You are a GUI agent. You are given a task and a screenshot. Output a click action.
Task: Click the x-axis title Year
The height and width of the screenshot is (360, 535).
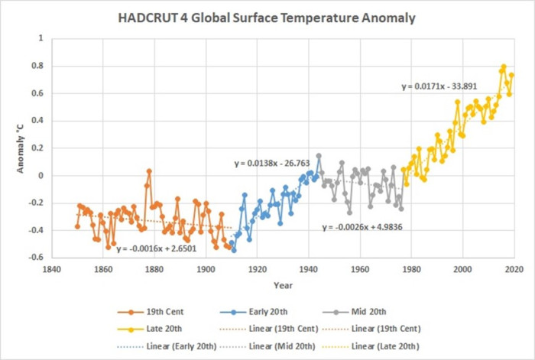tap(283, 285)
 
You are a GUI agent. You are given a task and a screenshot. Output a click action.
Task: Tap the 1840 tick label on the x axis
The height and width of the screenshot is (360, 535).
tap(52, 269)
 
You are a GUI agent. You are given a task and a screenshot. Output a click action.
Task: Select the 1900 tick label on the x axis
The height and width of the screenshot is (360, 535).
tap(206, 269)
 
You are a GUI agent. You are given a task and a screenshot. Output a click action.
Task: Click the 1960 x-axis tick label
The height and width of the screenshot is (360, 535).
tap(359, 269)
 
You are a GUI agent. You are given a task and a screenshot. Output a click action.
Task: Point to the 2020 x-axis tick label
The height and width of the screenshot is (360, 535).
tap(514, 269)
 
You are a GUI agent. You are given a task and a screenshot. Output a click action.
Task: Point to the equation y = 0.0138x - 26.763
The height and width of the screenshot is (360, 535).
tap(271, 164)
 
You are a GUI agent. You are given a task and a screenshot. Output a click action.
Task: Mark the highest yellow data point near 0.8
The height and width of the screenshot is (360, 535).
tap(504, 66)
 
